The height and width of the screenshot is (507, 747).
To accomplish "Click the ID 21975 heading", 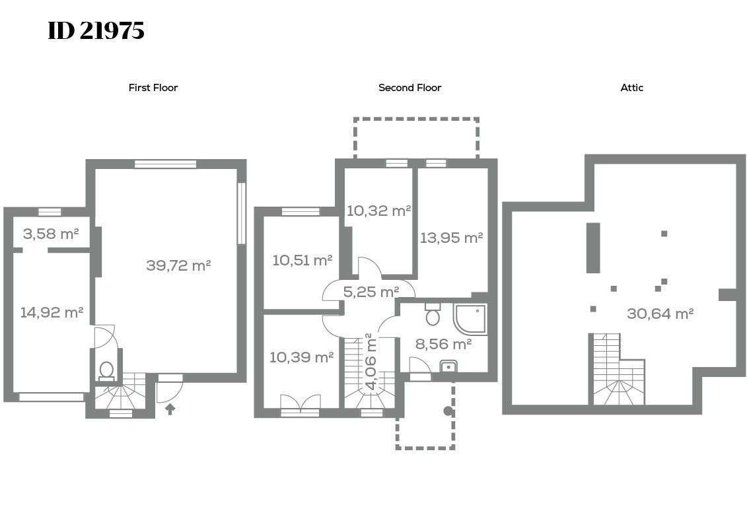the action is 96,31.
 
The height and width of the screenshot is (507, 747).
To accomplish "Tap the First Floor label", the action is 153,88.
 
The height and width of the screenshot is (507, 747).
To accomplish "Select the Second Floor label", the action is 409,88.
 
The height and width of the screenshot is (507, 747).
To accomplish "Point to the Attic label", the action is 631,88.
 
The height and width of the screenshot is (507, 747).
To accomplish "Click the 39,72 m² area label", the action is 178,265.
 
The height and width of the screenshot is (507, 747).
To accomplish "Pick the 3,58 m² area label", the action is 51,234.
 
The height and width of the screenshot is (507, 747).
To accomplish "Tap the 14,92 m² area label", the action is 52,312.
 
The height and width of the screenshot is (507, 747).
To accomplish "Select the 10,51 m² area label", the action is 302,260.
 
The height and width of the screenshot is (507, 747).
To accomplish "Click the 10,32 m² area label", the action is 378,211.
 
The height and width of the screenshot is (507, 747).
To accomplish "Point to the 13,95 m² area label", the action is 452,237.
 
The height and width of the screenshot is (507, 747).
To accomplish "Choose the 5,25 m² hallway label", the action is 371,291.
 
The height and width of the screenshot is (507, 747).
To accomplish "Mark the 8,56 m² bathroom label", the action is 444,344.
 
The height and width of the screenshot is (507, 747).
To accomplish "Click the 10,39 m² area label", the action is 302,356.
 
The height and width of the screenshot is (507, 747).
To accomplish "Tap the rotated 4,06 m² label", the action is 370,362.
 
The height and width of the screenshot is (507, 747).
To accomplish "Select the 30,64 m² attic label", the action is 660,314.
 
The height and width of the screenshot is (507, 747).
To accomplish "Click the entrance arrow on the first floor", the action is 170,409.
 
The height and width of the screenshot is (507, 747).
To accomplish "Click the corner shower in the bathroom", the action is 470,319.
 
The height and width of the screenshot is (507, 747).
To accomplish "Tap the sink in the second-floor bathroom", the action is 448,366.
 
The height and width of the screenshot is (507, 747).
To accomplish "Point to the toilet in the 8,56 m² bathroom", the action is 433,314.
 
